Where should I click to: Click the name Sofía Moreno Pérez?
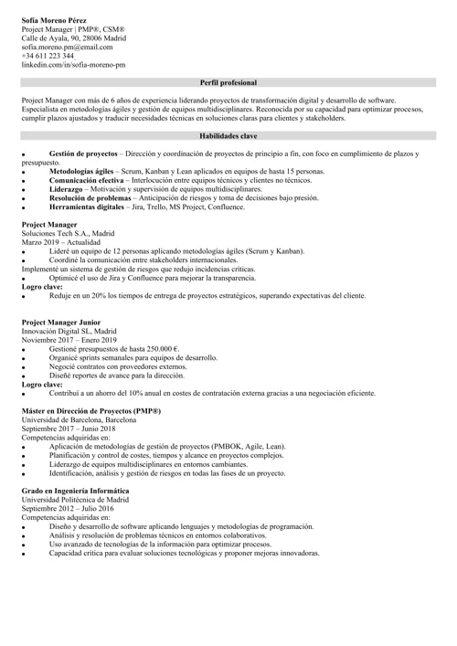click(55, 19)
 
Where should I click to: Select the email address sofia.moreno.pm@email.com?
click(67, 47)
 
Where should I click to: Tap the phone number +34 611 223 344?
click(48, 56)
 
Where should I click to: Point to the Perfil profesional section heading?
click(228, 82)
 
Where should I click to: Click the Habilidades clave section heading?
click(228, 135)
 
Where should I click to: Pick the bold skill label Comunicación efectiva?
click(89, 181)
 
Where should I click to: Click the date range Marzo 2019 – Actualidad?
click(62, 242)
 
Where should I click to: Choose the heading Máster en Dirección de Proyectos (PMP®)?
click(90, 411)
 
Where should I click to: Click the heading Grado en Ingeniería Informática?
click(75, 492)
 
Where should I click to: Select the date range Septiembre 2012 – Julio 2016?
click(69, 509)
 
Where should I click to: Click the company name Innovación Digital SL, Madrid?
click(69, 331)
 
